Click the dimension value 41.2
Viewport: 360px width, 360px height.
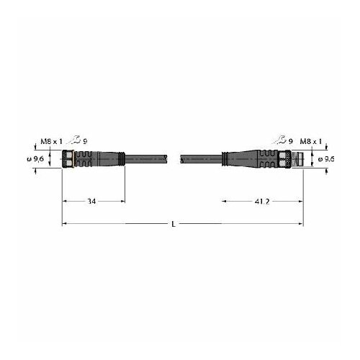[262, 202]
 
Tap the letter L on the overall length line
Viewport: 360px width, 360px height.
[176, 225]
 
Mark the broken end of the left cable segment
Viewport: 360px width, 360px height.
[166, 158]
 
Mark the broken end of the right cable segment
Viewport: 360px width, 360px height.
[181, 158]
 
